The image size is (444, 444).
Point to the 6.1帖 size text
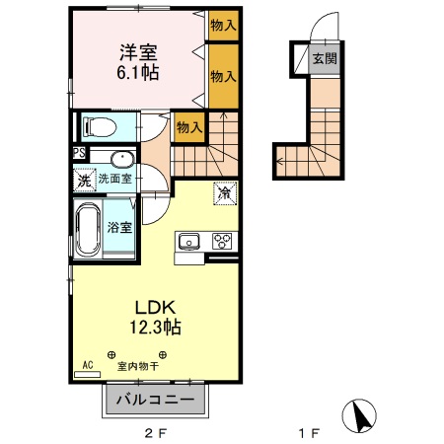pos(138,73)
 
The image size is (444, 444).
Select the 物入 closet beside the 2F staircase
pos(188,126)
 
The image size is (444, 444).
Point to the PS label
pos(78,153)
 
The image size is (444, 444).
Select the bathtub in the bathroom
pos(88,228)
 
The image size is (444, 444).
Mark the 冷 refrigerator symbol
pos(224,194)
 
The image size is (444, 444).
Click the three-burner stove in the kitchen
pos(223,242)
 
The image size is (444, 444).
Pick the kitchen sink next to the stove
pos(189,242)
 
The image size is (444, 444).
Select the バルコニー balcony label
pos(157,401)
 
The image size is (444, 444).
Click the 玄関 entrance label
pos(324,58)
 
